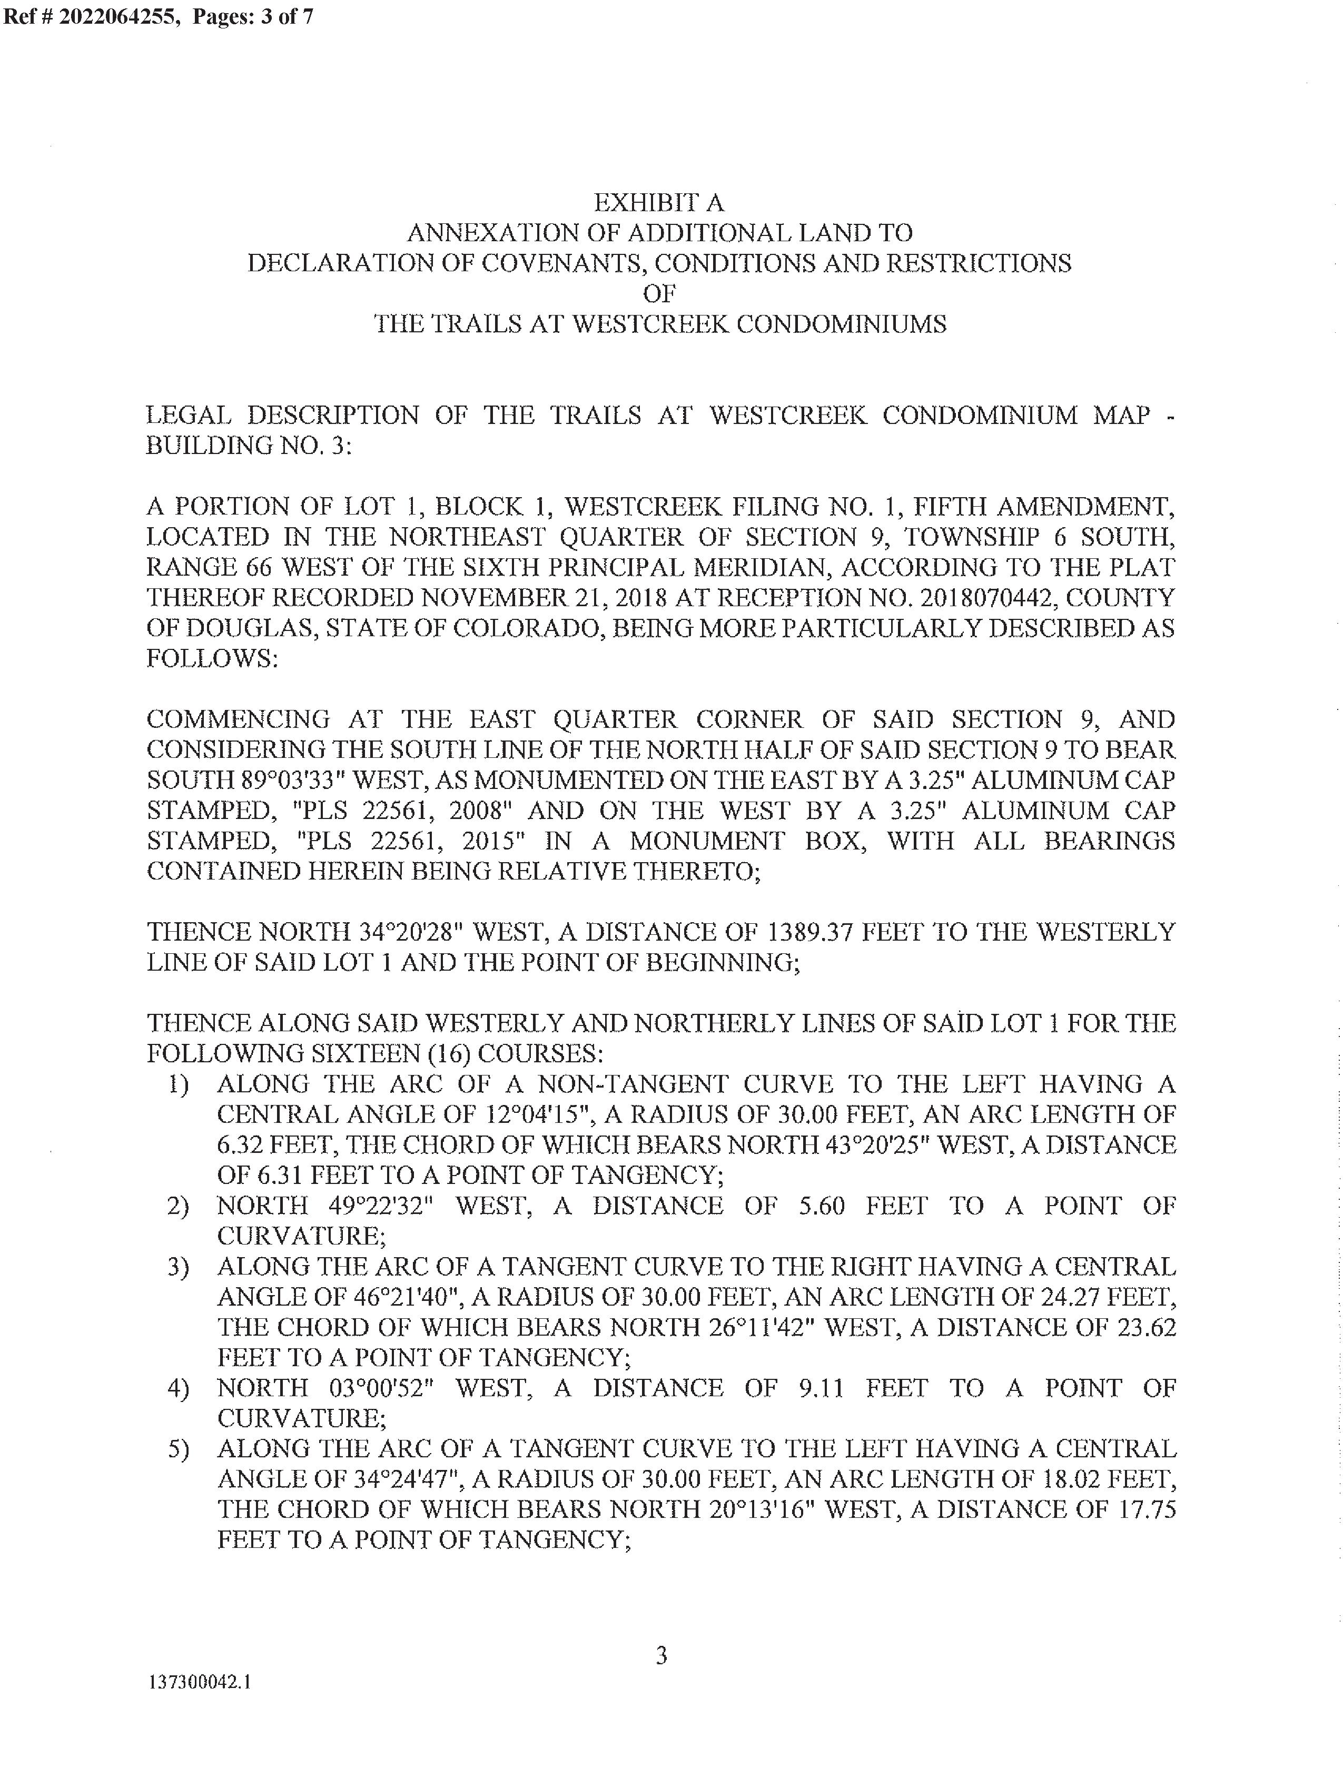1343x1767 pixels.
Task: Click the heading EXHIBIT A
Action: pos(659,202)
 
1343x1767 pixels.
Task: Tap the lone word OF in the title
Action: pos(659,293)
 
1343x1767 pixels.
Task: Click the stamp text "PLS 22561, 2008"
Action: pos(403,811)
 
